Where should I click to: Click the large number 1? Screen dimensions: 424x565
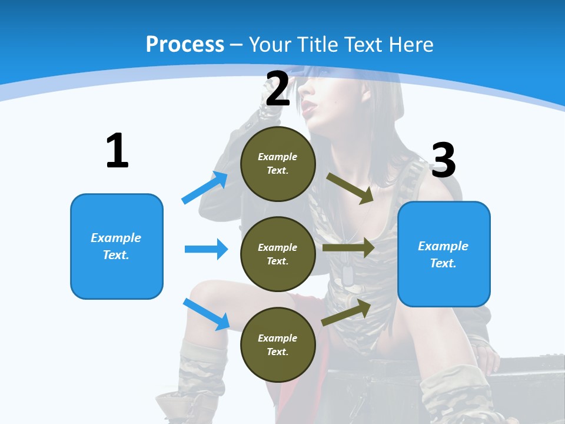(x=117, y=151)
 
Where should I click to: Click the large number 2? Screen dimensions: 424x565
(x=278, y=89)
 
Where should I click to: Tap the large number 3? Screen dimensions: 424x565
(x=443, y=160)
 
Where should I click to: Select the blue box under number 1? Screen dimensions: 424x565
(x=117, y=246)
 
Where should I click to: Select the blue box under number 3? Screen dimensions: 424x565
(x=444, y=254)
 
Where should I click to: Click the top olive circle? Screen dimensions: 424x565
(x=278, y=164)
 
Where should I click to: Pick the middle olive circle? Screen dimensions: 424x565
(x=278, y=254)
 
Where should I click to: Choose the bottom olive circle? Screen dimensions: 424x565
(x=278, y=344)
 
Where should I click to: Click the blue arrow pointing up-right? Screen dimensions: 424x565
(x=205, y=188)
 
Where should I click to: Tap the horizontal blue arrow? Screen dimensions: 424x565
(x=206, y=249)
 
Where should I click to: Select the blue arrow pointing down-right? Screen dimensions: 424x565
(x=206, y=314)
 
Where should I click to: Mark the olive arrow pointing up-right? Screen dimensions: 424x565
(x=346, y=312)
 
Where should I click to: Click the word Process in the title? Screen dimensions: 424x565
(x=185, y=44)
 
